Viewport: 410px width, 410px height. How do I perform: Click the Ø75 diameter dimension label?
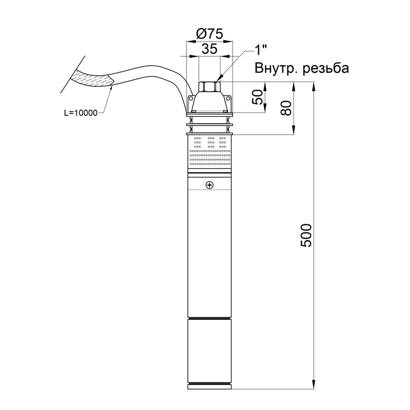pos(209,34)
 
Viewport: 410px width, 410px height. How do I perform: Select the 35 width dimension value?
pos(210,49)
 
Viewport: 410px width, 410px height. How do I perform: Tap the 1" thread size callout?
pos(260,50)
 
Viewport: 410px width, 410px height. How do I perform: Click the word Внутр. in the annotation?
pos(276,68)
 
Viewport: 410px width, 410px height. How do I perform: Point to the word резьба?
pos(326,69)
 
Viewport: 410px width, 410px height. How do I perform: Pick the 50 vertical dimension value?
pos(257,97)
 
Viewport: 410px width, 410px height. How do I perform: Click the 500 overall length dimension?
pos(306,235)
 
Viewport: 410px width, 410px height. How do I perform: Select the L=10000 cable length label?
pos(81,113)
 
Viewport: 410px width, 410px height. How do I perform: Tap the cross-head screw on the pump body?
pos(210,185)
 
